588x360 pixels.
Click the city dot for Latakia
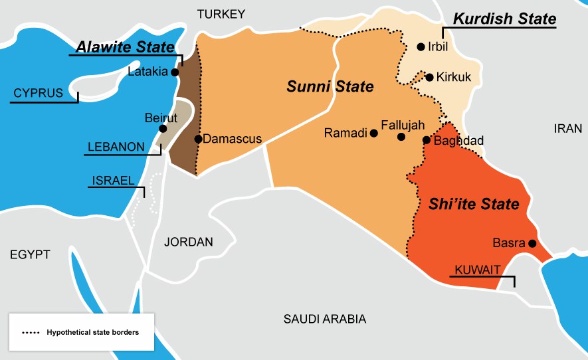175,72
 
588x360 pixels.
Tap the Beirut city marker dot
163,128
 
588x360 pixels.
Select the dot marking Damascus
198,139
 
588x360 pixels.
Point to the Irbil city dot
421,46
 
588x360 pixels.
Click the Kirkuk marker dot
429,77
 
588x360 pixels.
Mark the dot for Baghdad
427,139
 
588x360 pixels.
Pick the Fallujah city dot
401,137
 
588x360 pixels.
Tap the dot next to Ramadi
374,133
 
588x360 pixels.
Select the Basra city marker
532,243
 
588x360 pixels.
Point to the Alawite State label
124,46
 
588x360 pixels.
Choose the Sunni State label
330,86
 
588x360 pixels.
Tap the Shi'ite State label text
474,204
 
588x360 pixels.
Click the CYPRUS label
39,93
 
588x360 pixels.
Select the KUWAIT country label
476,270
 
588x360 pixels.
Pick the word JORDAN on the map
189,242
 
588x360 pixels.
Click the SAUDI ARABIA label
325,319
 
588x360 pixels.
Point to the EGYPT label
31,254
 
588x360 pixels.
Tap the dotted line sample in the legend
31,331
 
